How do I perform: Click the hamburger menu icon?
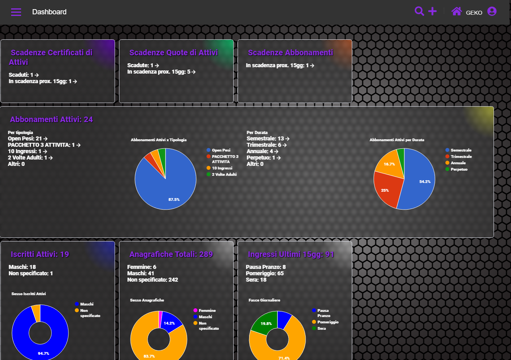(16, 12)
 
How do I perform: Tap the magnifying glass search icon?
(419, 11)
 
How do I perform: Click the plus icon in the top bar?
(432, 11)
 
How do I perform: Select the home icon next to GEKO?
(456, 11)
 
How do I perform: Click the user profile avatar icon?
(492, 11)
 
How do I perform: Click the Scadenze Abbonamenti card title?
(290, 53)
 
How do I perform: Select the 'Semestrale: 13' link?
(268, 138)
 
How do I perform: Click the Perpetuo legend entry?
(459, 169)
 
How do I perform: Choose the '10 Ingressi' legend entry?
(222, 168)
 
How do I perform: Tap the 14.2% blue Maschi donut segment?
(170, 323)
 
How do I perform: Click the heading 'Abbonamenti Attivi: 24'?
(51, 119)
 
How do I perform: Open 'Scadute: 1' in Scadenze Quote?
(143, 65)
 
